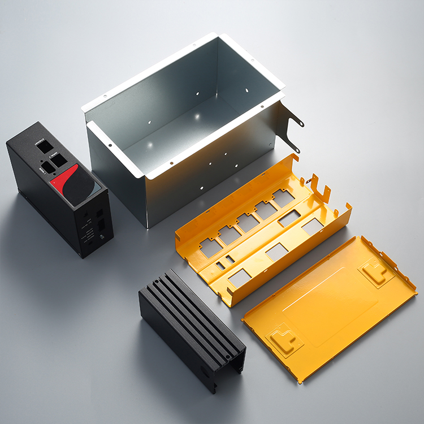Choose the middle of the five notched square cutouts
coord(247,222)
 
